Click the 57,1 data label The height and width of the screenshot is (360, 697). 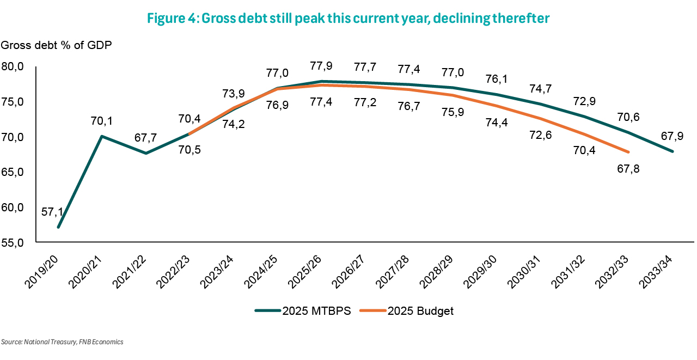tap(52, 211)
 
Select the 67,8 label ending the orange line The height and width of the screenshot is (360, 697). tap(628, 168)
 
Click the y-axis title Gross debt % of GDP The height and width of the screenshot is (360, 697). tap(56, 45)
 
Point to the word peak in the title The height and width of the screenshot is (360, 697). tap(300, 18)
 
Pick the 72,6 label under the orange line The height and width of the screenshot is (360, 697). tap(540, 134)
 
